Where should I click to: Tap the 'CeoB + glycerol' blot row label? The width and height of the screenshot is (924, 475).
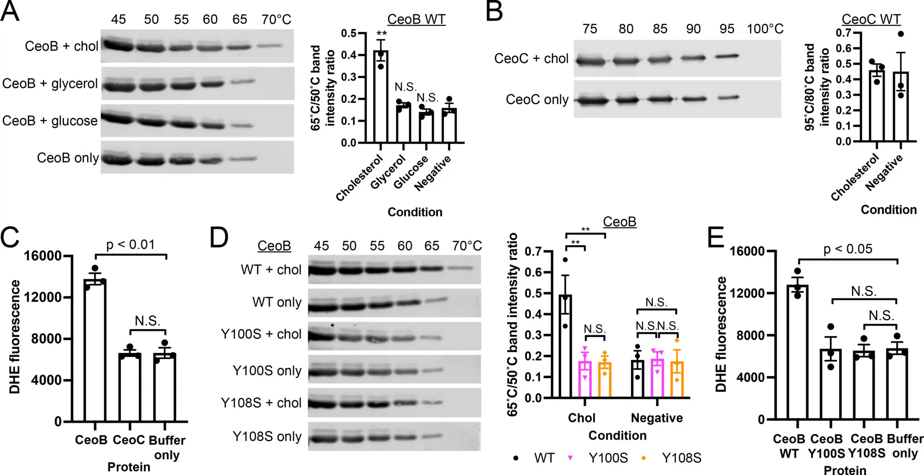pos(50,84)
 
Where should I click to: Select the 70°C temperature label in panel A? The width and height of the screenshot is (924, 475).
pos(276,19)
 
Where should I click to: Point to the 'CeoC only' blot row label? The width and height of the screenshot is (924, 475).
pos(537,100)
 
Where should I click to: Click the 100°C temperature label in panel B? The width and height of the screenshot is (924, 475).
pos(765,29)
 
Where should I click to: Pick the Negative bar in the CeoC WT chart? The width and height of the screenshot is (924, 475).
pos(901,106)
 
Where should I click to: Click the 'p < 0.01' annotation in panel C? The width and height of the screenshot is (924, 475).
pos(130,245)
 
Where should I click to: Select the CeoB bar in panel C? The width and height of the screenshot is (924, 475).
pos(95,350)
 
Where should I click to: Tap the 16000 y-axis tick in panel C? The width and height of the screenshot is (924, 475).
pos(43,256)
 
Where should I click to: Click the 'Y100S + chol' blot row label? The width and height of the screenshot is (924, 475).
pos(261,334)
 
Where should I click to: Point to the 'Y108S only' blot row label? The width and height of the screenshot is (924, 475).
pos(267,436)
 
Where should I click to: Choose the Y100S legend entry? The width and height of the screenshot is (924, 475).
pos(608,458)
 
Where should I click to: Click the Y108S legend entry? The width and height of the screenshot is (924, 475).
pos(681,458)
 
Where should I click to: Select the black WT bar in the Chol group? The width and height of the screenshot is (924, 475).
pos(565,346)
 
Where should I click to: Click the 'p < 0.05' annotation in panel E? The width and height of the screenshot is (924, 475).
pos(847,249)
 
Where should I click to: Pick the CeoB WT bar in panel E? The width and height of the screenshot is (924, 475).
pos(797,352)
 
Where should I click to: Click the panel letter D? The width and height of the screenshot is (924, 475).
pos(219,238)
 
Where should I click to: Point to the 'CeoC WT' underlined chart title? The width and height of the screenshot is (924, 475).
pos(871,19)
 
